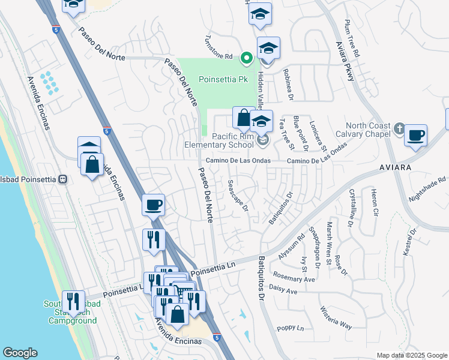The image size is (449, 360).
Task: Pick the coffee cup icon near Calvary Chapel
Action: (415, 136)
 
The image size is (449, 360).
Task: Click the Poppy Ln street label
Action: (291, 328)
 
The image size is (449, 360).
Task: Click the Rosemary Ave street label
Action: (294, 279)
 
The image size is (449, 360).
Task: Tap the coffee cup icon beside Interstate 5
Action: (153, 205)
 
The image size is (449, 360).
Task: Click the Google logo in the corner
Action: (20, 353)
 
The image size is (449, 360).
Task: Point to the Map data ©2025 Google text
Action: (412, 355)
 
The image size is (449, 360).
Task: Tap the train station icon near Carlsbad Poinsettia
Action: (61, 179)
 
